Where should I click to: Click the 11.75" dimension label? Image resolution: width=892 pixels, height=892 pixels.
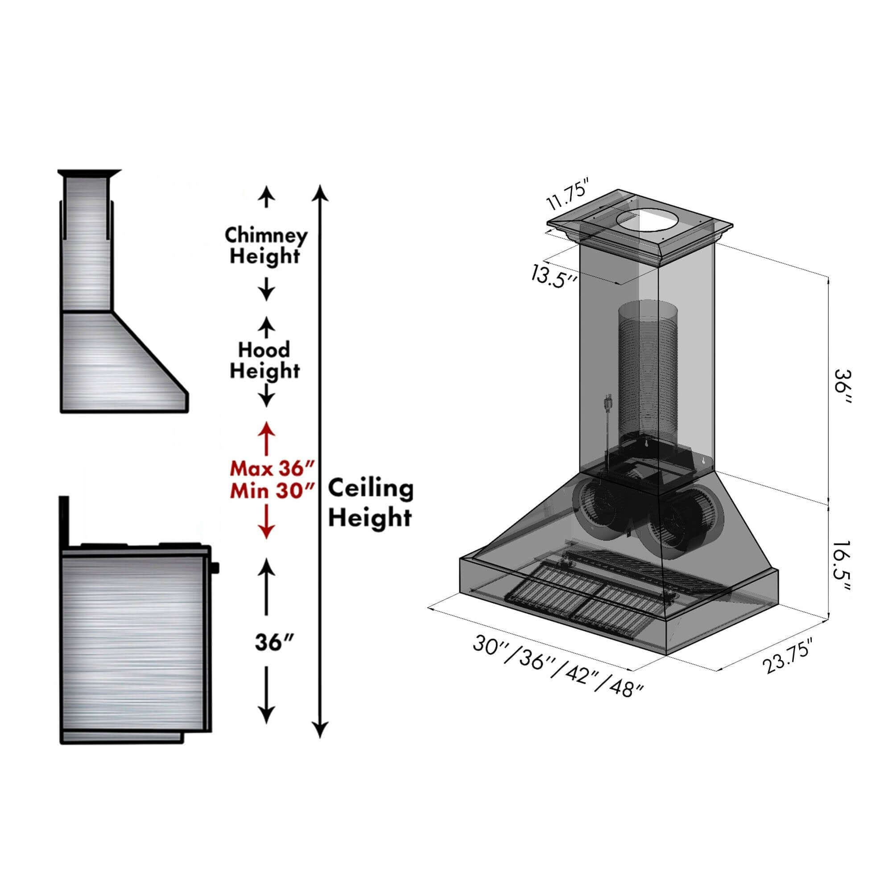(568, 197)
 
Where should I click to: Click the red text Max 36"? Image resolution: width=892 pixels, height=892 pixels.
(273, 469)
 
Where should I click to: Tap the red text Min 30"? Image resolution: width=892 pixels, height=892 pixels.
(273, 490)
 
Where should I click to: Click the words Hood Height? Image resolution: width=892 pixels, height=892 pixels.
(264, 360)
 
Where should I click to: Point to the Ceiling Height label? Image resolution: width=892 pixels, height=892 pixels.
(370, 503)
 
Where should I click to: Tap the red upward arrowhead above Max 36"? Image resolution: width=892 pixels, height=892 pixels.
(266, 428)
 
